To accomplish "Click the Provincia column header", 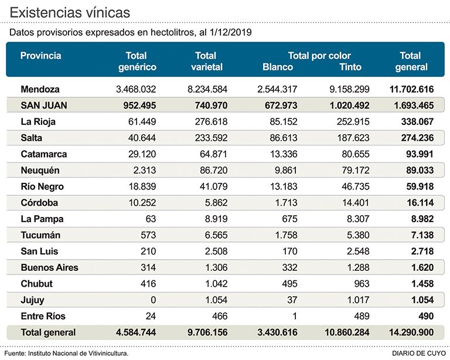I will tap(40, 56).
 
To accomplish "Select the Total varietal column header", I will tap(207, 61).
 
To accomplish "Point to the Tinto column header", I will tap(350, 67).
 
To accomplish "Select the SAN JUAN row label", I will tap(43, 106).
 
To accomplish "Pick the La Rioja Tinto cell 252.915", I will tap(350, 122).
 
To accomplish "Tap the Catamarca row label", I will tap(43, 154).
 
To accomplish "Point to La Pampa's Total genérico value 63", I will tap(150, 219).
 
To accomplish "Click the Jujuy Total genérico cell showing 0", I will tap(153, 300).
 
